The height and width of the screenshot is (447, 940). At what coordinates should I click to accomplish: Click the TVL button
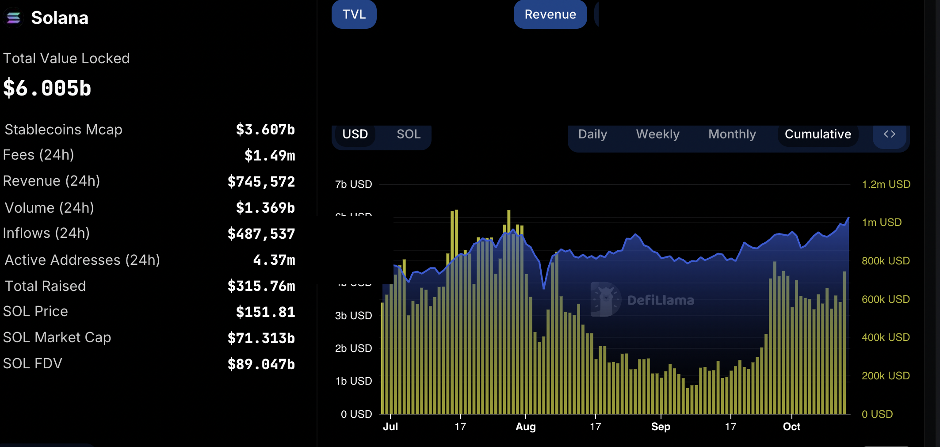[354, 14]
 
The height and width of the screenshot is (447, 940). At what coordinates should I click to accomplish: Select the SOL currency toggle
[408, 134]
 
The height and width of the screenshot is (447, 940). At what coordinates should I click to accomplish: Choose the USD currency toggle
[355, 134]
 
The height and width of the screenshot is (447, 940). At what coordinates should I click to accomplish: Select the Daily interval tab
[592, 134]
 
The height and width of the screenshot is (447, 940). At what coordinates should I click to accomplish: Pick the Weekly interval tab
[657, 134]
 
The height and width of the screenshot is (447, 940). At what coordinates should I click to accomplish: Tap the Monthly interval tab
[732, 134]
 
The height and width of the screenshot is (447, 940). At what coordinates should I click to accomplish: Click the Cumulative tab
[818, 134]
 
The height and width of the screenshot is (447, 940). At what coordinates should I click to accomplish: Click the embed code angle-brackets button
[889, 134]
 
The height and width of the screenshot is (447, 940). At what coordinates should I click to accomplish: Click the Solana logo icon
[14, 18]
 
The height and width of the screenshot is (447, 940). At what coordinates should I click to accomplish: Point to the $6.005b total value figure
[47, 88]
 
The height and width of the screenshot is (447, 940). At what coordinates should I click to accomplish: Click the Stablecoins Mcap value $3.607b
[265, 130]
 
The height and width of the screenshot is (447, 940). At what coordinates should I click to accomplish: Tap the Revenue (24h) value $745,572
[261, 182]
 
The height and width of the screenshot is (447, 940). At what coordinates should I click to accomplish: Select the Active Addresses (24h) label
[82, 260]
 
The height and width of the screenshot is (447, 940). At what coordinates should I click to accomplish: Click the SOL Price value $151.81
[265, 312]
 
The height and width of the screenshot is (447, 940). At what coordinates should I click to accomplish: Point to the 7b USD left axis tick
[353, 184]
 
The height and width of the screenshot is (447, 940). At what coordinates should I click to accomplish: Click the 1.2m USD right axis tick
[886, 184]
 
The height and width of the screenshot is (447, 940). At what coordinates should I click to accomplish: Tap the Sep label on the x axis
[661, 427]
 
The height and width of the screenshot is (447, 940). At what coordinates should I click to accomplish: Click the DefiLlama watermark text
[660, 301]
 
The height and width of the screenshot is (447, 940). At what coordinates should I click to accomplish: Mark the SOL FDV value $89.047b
[261, 364]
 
